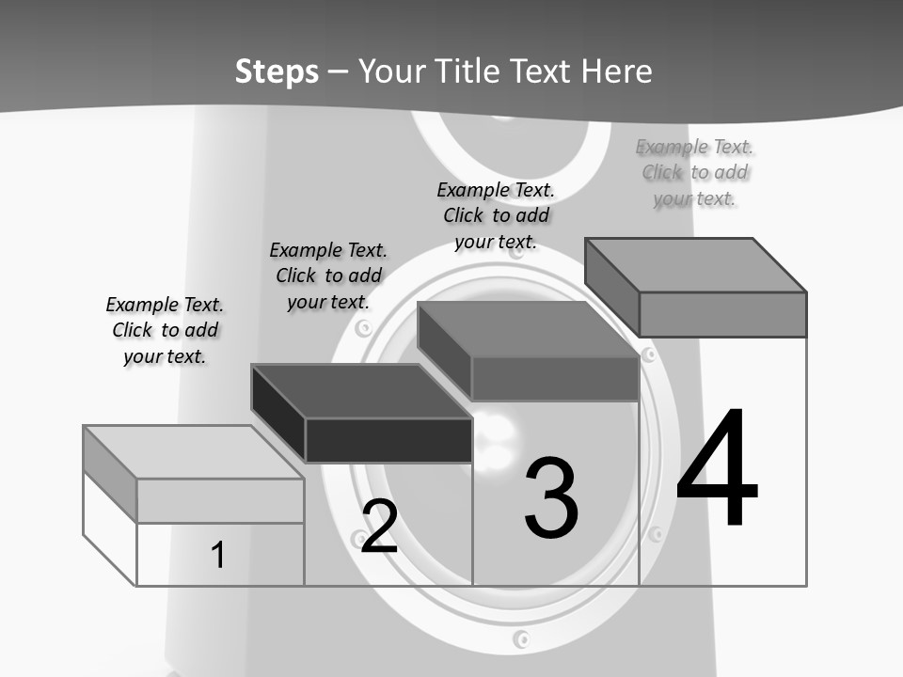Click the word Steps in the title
[x=277, y=71]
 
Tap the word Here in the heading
[x=617, y=71]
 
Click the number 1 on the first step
[x=217, y=555]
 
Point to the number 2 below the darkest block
[x=379, y=527]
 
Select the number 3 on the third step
[x=551, y=499]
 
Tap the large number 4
[x=717, y=469]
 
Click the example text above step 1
[x=165, y=330]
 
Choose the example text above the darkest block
[x=328, y=276]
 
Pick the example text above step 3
[x=496, y=215]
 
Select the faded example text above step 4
[x=694, y=172]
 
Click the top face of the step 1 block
[x=193, y=452]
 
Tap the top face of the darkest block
[x=361, y=391]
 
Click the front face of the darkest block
[x=388, y=440]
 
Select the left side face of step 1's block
[x=110, y=474]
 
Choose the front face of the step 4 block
[x=722, y=314]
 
